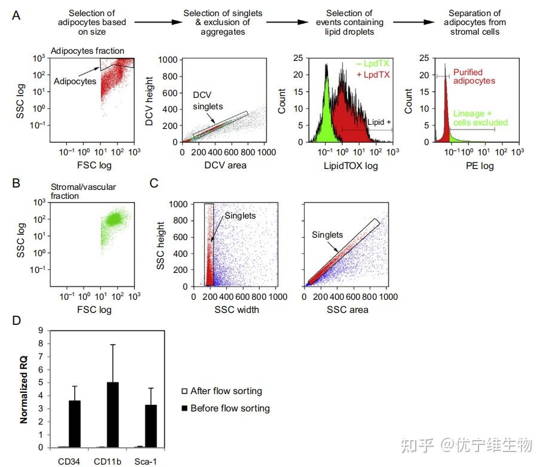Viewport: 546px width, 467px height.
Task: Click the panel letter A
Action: coord(17,16)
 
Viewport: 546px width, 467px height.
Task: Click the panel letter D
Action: coord(17,321)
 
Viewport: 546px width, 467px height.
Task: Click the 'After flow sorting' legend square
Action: coord(184,392)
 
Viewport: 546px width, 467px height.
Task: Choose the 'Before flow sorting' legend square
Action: coord(184,408)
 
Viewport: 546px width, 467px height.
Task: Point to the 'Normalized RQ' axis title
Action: coord(24,388)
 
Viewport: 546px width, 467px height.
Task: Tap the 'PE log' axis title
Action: coord(479,166)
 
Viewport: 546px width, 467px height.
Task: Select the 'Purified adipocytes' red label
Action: coord(474,76)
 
